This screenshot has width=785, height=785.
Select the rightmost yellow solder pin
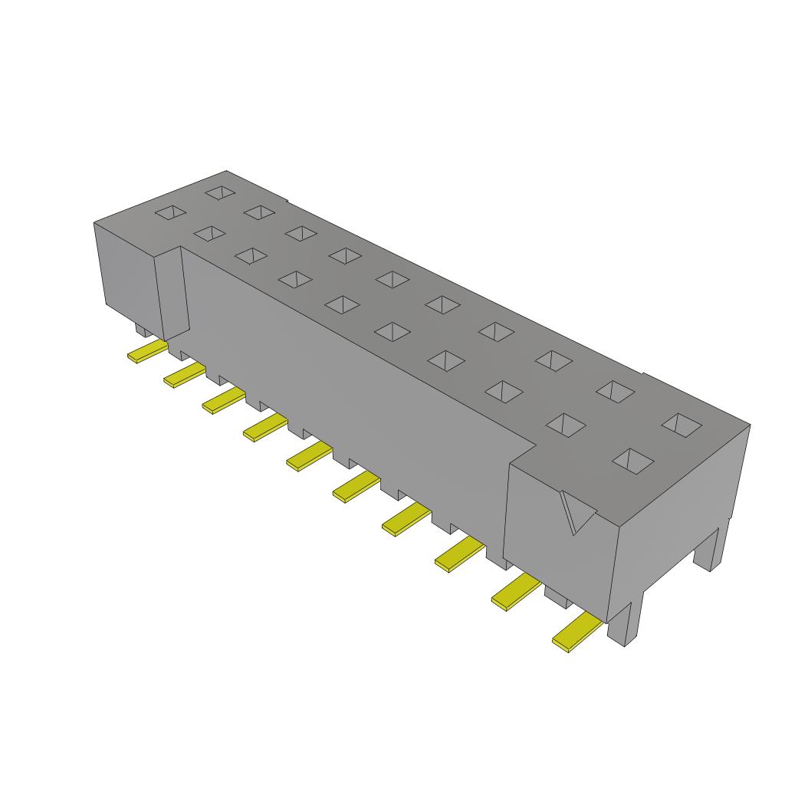coord(577,632)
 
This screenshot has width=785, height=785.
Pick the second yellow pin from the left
coord(184,375)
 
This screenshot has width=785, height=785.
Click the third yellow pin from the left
coord(223,399)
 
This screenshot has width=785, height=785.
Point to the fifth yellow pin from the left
coord(309,456)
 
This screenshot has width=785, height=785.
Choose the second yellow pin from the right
coord(515,593)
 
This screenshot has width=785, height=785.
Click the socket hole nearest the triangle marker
coord(633,460)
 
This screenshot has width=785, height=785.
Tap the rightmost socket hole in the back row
coord(682,424)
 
